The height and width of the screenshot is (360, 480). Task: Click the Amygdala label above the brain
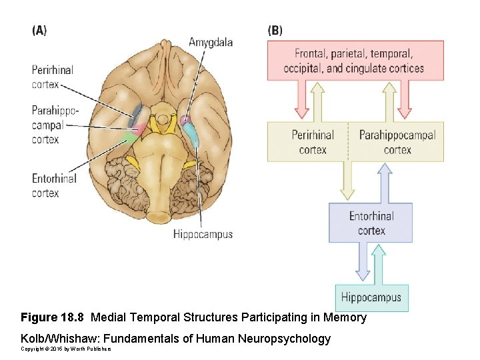211,42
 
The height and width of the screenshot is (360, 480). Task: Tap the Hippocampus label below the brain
203,234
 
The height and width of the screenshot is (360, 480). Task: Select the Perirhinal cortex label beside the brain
52,77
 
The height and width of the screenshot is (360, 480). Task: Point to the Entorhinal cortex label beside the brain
54,185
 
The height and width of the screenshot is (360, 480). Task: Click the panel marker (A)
39,30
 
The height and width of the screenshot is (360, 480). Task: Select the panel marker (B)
275,30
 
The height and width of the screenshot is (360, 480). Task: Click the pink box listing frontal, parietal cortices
354,61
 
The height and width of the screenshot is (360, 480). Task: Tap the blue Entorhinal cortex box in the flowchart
371,223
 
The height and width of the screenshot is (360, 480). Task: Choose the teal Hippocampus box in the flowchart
371,297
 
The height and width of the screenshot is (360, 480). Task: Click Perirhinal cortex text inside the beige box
313,142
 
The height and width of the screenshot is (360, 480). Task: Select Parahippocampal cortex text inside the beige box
397,142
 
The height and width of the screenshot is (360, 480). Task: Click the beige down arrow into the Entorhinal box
347,181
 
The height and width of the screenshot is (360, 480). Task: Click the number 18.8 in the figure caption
75,317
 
